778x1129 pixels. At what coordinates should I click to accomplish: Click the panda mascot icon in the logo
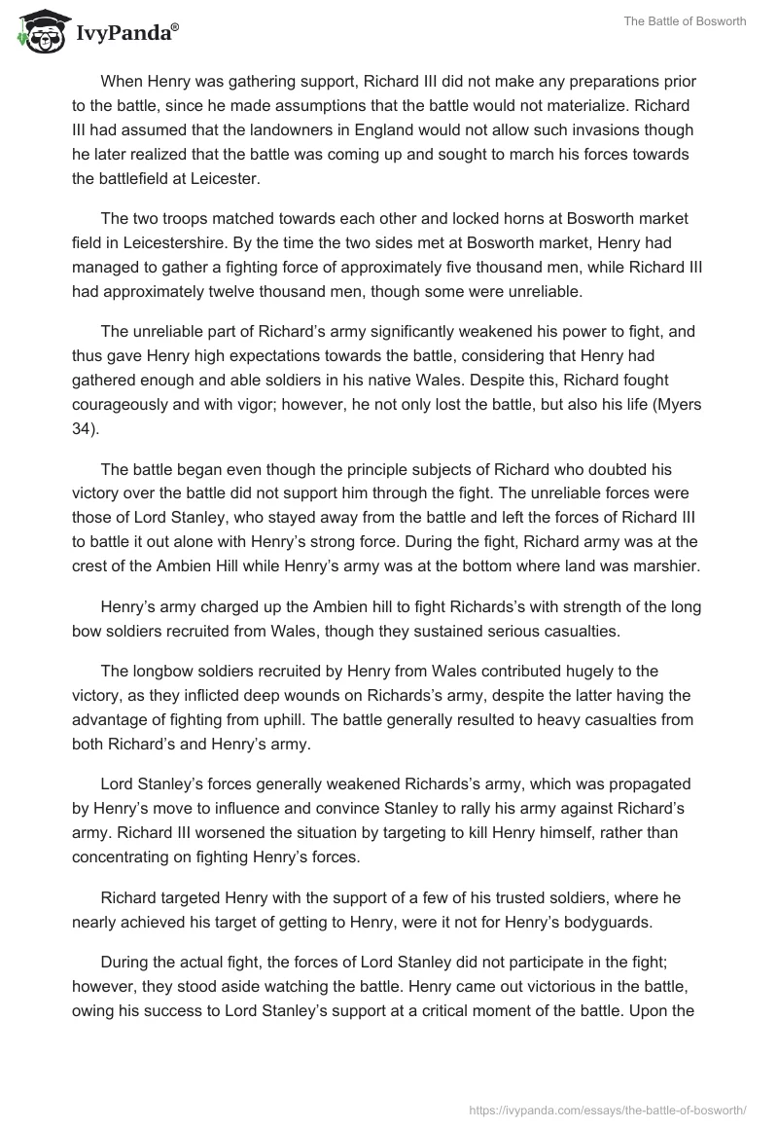pyautogui.click(x=36, y=33)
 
